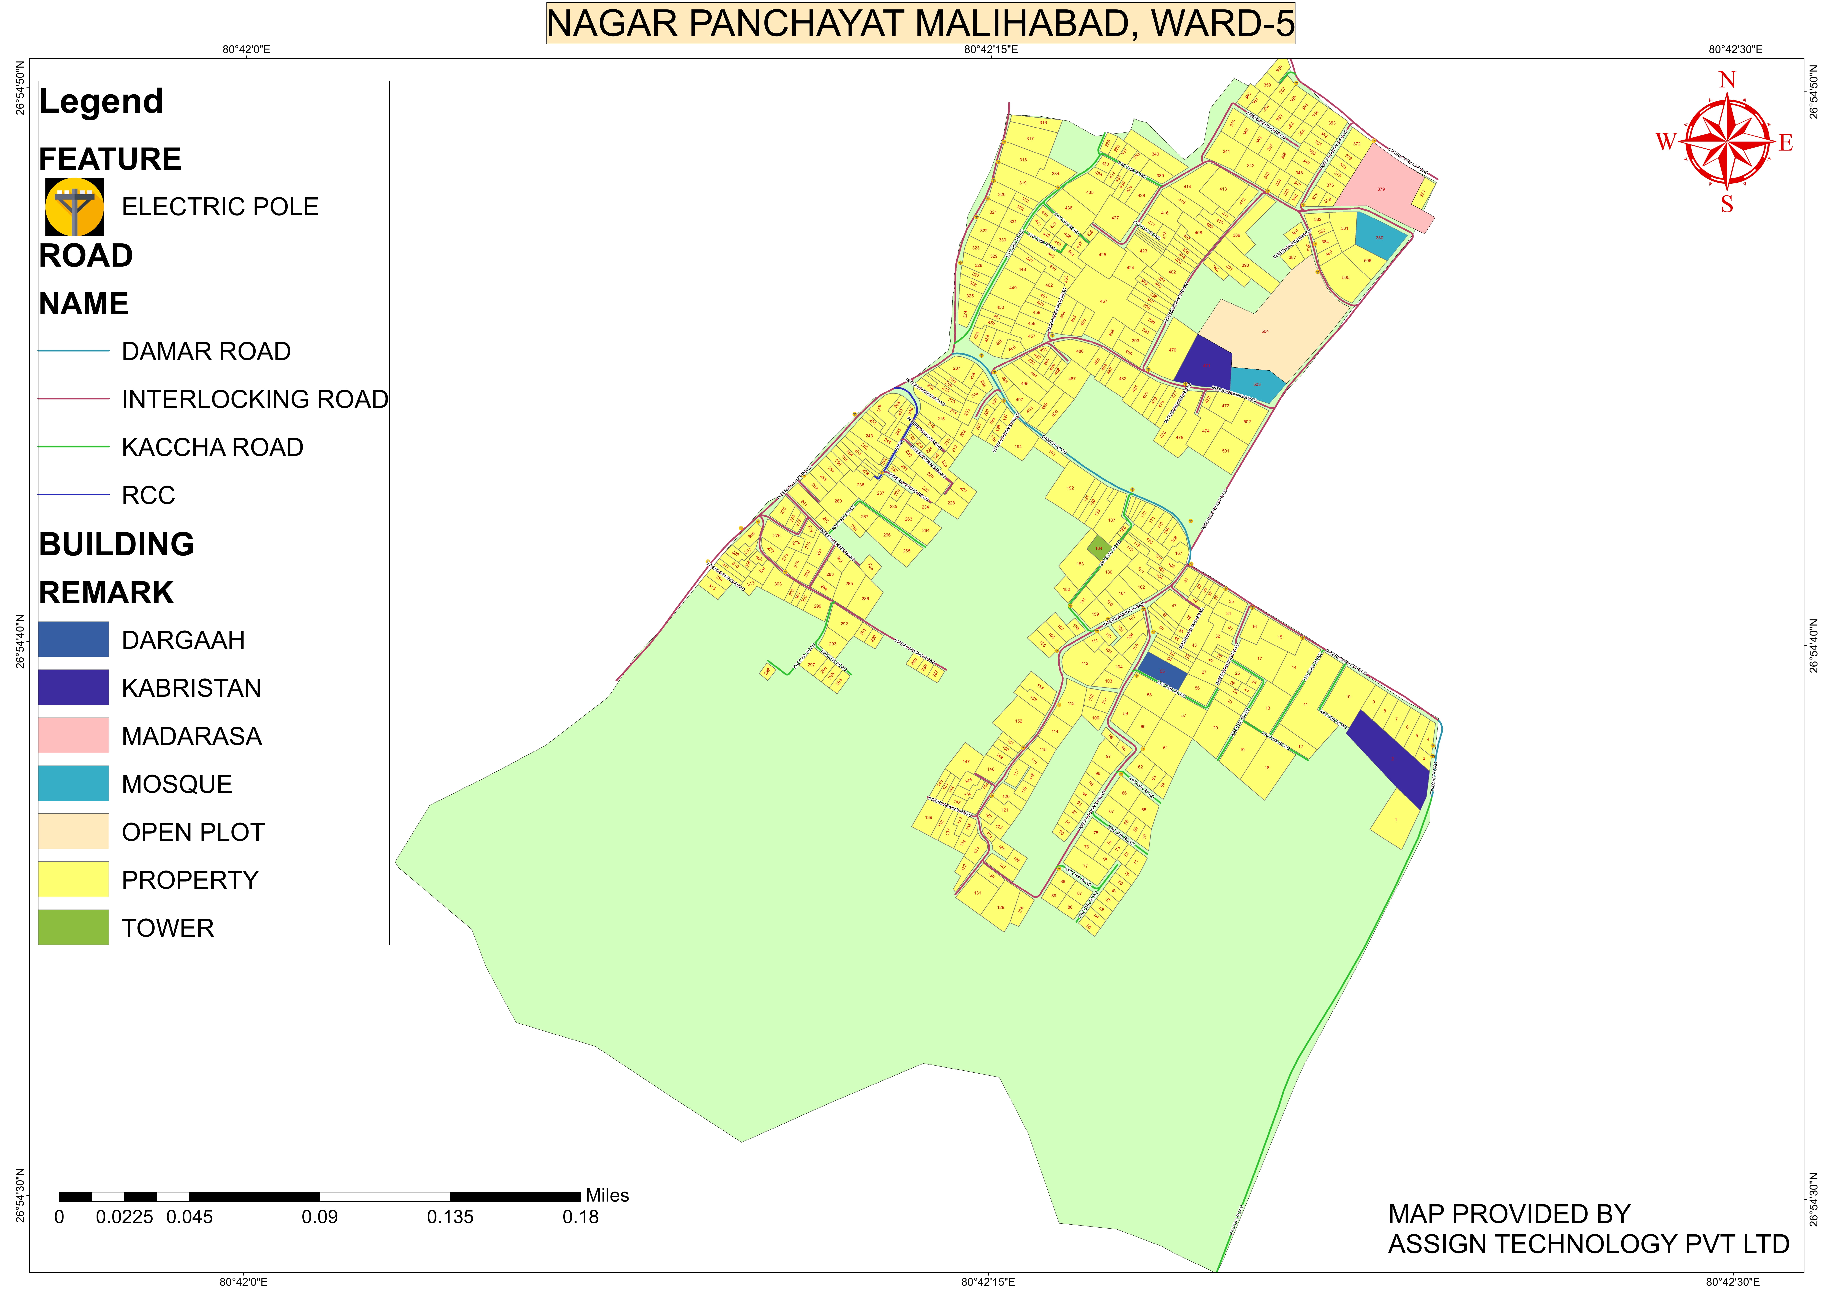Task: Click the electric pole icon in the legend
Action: [74, 207]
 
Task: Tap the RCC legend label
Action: [148, 495]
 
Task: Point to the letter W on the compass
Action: [1665, 143]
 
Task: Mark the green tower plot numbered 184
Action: [1098, 549]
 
